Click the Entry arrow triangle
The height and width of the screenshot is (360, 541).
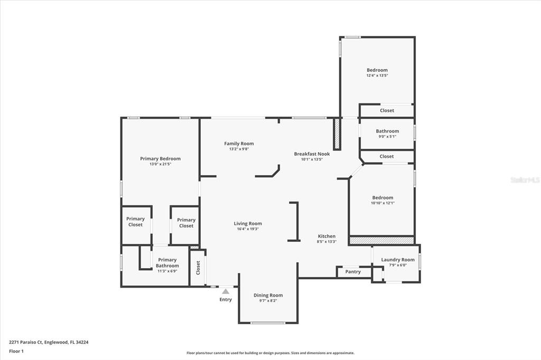click(226, 291)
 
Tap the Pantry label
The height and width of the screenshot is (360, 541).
click(353, 272)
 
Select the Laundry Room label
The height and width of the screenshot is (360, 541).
click(398, 260)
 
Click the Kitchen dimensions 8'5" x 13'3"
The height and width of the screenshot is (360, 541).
click(327, 242)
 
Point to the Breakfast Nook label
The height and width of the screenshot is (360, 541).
click(312, 154)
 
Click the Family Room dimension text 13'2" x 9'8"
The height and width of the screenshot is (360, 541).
click(239, 149)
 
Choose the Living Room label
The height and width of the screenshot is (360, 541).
click(248, 223)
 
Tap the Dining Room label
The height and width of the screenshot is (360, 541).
click(268, 295)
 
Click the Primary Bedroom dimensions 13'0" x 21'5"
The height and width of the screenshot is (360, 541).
click(161, 164)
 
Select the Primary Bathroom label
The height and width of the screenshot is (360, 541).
click(167, 263)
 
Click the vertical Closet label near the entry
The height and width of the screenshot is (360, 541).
click(198, 268)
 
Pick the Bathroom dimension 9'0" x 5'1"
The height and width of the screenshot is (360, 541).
click(387, 137)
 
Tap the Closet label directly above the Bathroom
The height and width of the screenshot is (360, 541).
click(387, 110)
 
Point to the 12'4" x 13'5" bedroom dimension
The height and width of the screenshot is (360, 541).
click(377, 75)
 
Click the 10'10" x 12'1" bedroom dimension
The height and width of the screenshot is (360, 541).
click(383, 203)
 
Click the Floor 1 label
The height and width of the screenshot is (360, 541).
click(16, 352)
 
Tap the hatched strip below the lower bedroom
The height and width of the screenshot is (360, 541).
click(381, 241)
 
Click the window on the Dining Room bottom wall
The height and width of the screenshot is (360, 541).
click(268, 323)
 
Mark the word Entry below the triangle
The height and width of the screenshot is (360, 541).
click(226, 300)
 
